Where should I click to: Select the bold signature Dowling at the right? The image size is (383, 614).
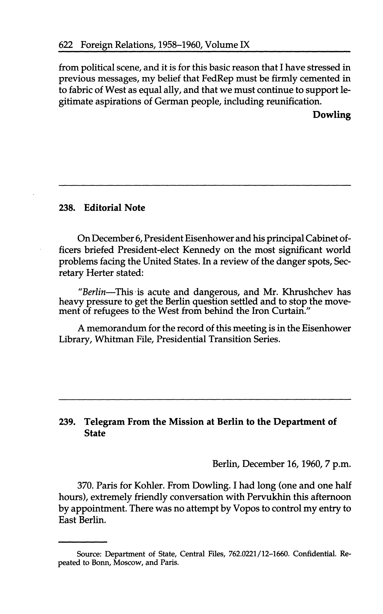(x=332, y=115)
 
